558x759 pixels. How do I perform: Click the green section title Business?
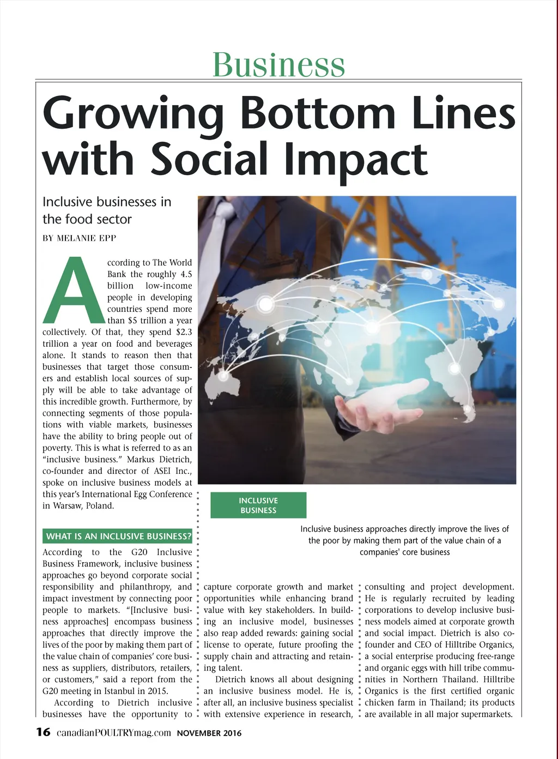click(278, 64)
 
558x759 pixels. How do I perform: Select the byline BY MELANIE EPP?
click(80, 238)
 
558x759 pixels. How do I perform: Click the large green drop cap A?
click(75, 290)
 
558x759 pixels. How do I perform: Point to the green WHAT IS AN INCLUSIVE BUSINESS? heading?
click(118, 537)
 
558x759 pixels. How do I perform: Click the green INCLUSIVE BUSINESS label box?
click(258, 505)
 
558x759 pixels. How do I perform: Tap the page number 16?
click(43, 732)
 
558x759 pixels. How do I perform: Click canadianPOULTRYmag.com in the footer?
click(113, 733)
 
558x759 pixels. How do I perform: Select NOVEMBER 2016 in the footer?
click(209, 733)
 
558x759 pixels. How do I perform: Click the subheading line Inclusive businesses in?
click(107, 202)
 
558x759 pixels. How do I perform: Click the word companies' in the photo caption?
click(378, 552)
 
